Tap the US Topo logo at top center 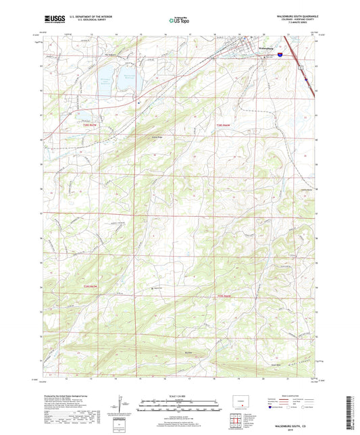click(x=177, y=21)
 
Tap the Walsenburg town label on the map click(x=268, y=48)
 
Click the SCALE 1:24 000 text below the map click(x=180, y=394)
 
